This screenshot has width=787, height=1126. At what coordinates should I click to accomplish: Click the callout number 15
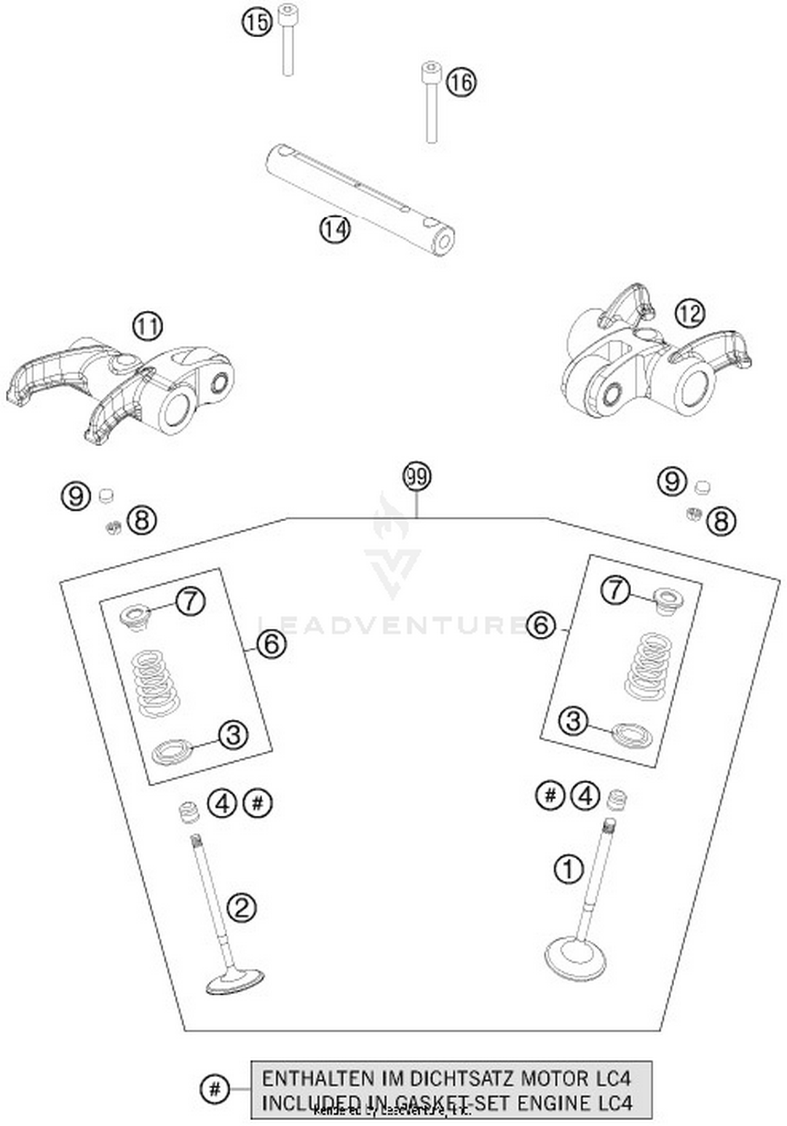click(x=257, y=23)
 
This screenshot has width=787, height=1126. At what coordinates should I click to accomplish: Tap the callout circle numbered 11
click(x=147, y=327)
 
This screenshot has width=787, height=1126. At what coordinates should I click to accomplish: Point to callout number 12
click(x=689, y=313)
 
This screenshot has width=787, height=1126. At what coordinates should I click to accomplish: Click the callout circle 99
click(x=417, y=477)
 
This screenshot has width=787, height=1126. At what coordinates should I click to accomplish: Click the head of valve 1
click(x=575, y=962)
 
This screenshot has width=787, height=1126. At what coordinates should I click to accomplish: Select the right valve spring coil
click(x=646, y=667)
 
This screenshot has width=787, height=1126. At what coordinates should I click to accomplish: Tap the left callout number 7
click(x=190, y=602)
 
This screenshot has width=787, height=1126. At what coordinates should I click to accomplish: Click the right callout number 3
click(x=573, y=721)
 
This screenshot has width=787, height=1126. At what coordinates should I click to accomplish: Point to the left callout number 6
click(x=271, y=644)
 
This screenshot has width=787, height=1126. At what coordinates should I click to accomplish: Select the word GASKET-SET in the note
click(x=450, y=1103)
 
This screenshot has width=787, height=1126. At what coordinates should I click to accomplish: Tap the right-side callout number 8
click(x=721, y=521)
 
